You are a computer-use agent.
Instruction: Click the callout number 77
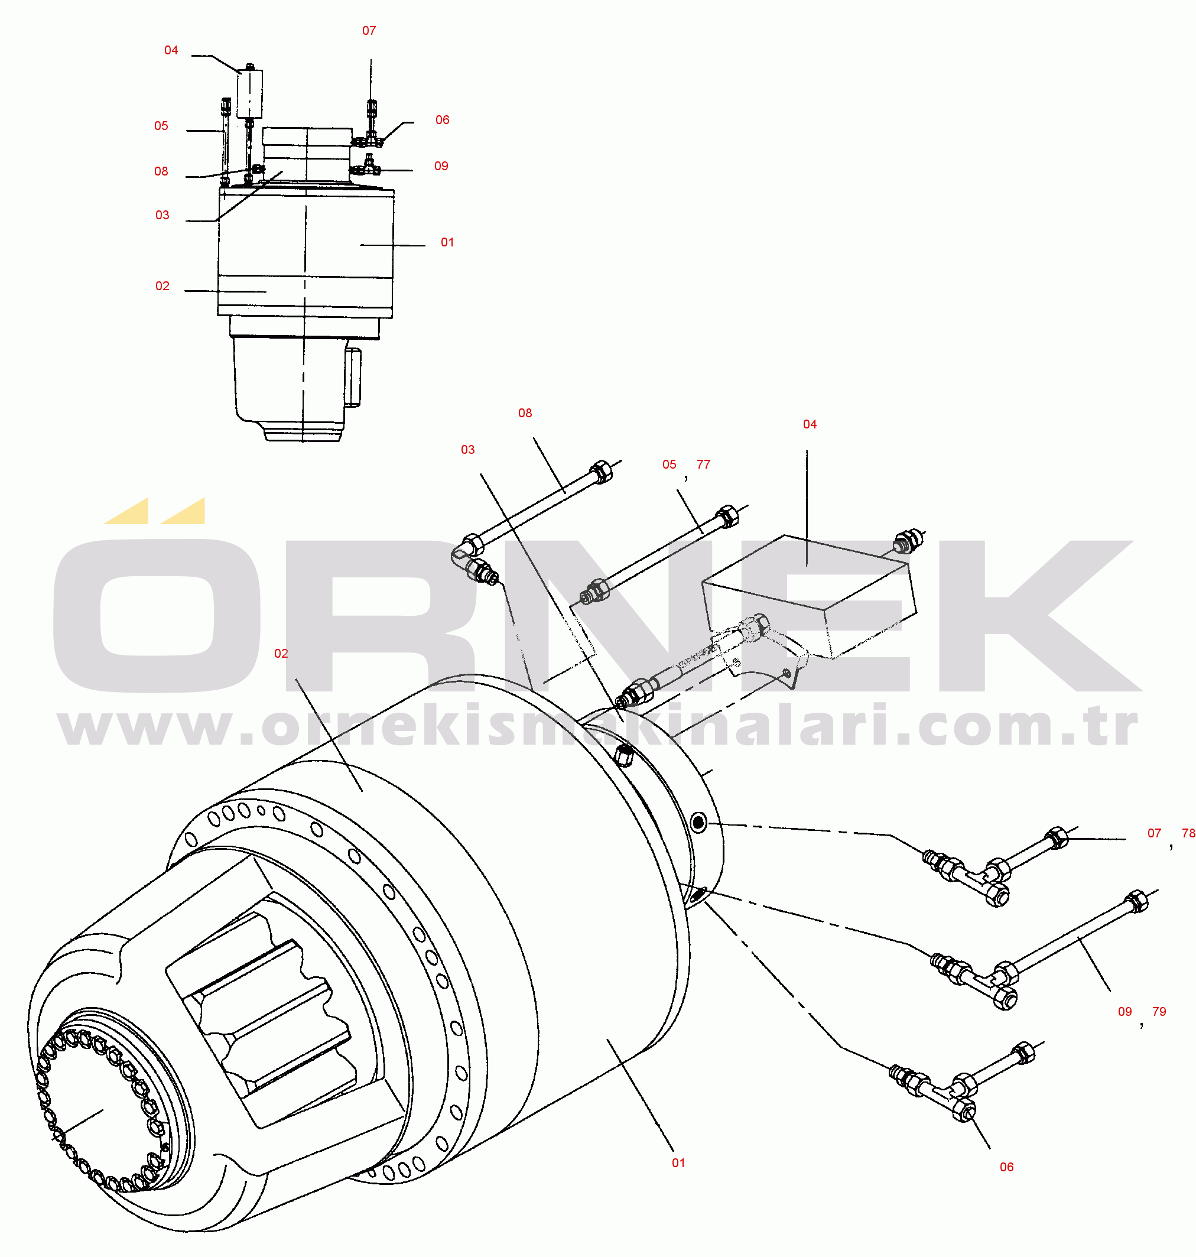pyautogui.click(x=703, y=465)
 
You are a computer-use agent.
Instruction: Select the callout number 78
pyautogui.click(x=1188, y=833)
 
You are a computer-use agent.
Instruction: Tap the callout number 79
pyautogui.click(x=1159, y=1012)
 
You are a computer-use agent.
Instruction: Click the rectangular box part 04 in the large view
pyautogui.click(x=808, y=596)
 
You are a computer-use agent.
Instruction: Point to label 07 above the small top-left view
pyautogui.click(x=369, y=31)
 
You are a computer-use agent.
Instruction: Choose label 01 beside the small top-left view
pyautogui.click(x=447, y=242)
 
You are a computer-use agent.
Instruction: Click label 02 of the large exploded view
pyautogui.click(x=281, y=654)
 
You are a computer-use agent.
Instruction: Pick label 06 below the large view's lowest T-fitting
pyautogui.click(x=1007, y=1167)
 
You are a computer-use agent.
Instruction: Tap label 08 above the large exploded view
pyautogui.click(x=525, y=413)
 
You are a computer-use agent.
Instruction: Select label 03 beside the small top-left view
pyautogui.click(x=162, y=216)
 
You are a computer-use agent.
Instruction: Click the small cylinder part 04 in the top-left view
pyautogui.click(x=250, y=95)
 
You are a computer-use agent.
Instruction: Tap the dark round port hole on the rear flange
pyautogui.click(x=698, y=823)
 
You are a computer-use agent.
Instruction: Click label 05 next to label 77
pyautogui.click(x=669, y=465)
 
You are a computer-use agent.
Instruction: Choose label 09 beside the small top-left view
pyautogui.click(x=441, y=166)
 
